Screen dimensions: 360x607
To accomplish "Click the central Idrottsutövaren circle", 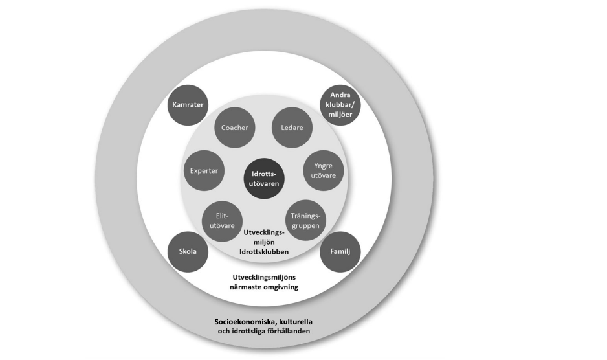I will pyautogui.click(x=264, y=175).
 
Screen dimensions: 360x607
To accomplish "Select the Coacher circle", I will pyautogui.click(x=234, y=128).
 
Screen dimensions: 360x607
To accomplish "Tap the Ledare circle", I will pyautogui.click(x=292, y=128).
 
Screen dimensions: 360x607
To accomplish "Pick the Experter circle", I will pyautogui.click(x=203, y=170).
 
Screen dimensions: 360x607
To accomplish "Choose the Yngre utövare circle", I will pyautogui.click(x=322, y=170).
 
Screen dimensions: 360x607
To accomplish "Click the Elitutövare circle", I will pyautogui.click(x=223, y=221).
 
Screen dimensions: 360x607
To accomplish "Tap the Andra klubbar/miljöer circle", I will pyautogui.click(x=340, y=104).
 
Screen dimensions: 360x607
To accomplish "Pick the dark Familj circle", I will pyautogui.click(x=340, y=251).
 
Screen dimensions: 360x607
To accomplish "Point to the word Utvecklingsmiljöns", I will pyautogui.click(x=265, y=277).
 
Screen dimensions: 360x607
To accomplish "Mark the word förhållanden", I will pyautogui.click(x=289, y=332).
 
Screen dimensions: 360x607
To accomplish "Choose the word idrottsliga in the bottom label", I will pyautogui.click(x=248, y=332).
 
